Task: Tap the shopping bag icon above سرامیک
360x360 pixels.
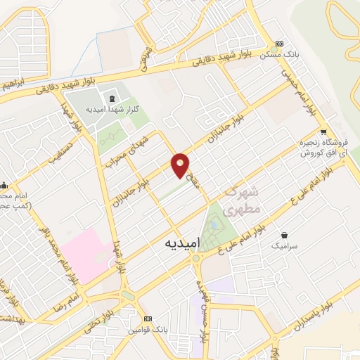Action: [284, 234]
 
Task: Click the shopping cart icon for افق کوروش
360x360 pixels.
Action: [323, 131]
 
